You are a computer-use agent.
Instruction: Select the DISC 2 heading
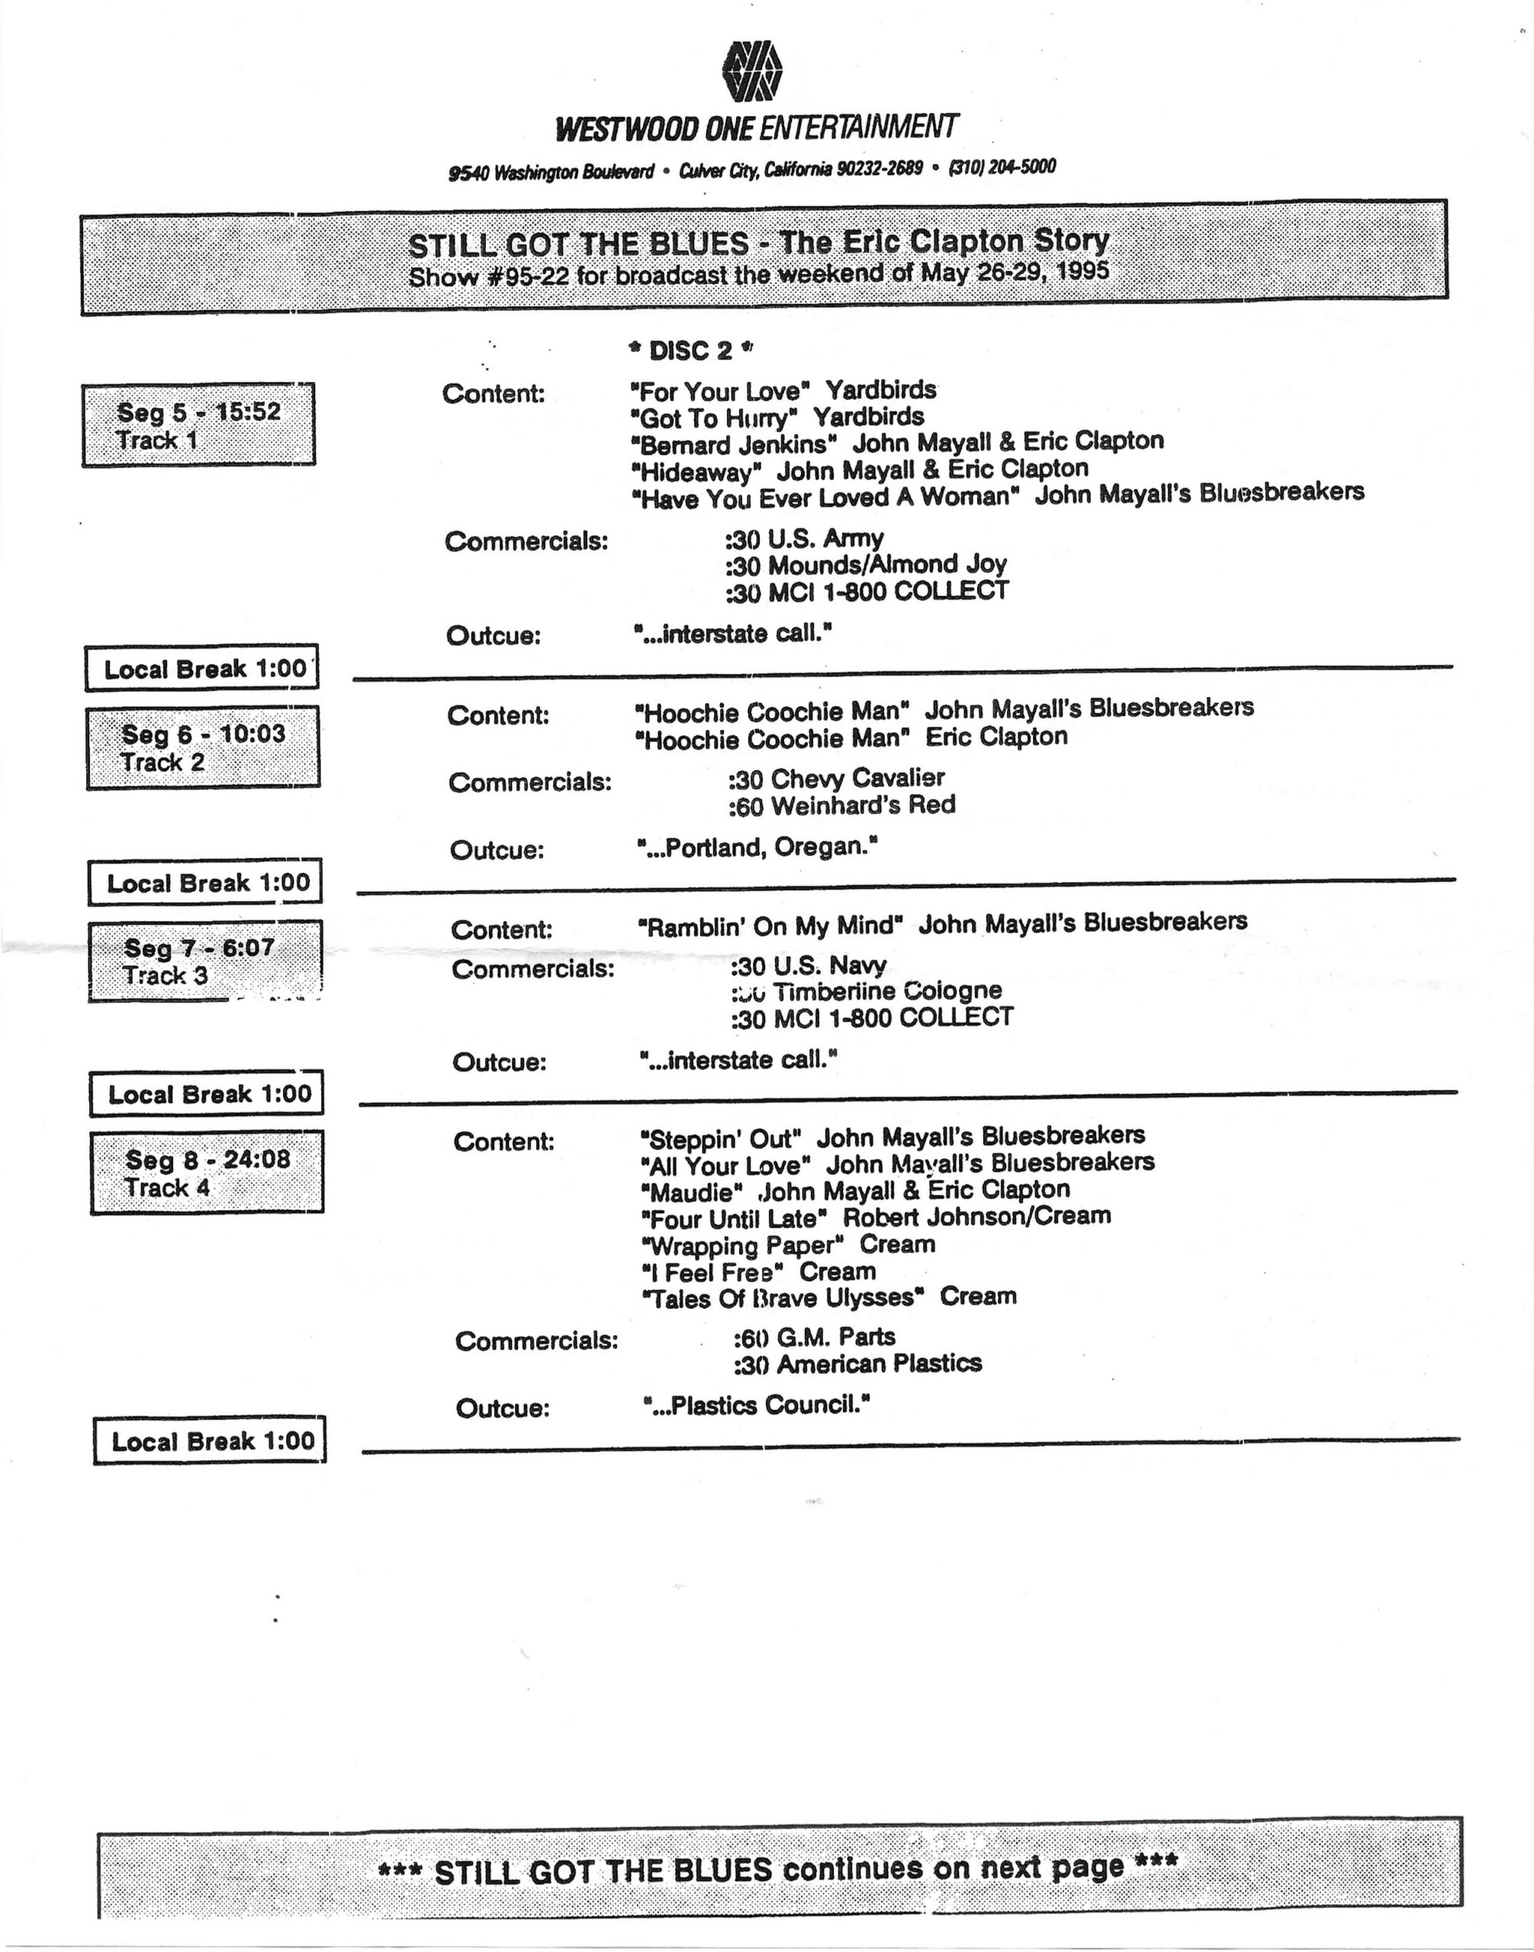point(690,350)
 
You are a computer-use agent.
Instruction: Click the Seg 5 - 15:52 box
point(198,425)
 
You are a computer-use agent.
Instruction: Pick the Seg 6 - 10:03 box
point(203,747)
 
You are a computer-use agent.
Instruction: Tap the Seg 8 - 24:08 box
point(207,1173)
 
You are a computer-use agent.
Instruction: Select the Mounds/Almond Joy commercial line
point(867,565)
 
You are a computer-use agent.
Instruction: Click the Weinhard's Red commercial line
point(842,805)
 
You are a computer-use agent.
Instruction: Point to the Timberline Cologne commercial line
point(867,991)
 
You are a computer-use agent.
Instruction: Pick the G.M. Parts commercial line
point(815,1338)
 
